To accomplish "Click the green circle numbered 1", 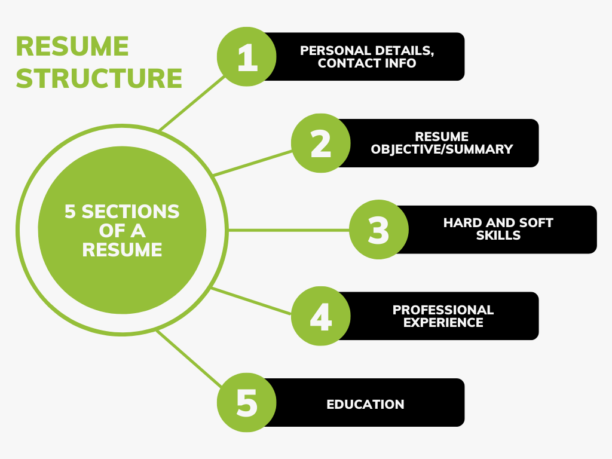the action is click(247, 57).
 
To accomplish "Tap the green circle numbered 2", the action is click(321, 143).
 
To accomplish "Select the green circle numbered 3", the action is click(378, 229).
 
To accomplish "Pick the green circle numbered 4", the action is click(321, 316).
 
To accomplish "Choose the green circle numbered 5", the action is click(247, 402).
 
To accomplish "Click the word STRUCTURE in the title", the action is click(99, 78).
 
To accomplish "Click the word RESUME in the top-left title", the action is click(72, 47).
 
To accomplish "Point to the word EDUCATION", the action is click(365, 405).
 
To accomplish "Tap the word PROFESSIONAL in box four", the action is click(443, 310).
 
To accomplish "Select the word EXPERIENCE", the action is click(443, 322).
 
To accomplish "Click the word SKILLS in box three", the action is click(498, 235).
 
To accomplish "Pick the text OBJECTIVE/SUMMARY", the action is click(442, 149).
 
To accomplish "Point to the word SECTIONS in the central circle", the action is click(130, 212).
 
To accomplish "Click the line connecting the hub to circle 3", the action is click(289, 230).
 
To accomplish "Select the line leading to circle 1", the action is click(192, 103).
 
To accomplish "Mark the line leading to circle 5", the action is click(189, 359).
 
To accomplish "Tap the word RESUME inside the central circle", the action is click(122, 250).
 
